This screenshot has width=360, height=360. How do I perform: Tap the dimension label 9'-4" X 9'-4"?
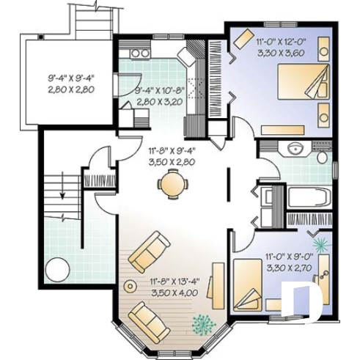72,76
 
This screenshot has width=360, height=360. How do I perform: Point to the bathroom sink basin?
296,149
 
